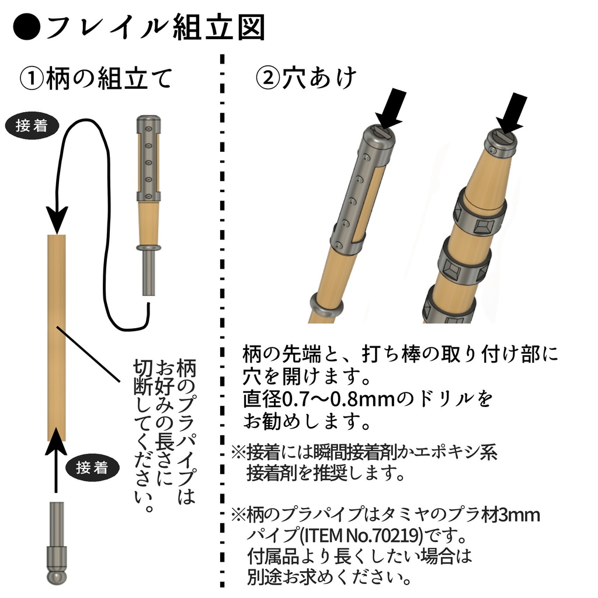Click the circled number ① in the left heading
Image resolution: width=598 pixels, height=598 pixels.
coord(32,78)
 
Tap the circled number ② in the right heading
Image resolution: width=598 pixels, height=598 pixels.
coord(268,78)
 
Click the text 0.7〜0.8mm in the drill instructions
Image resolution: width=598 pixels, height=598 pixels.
coord(330,399)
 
